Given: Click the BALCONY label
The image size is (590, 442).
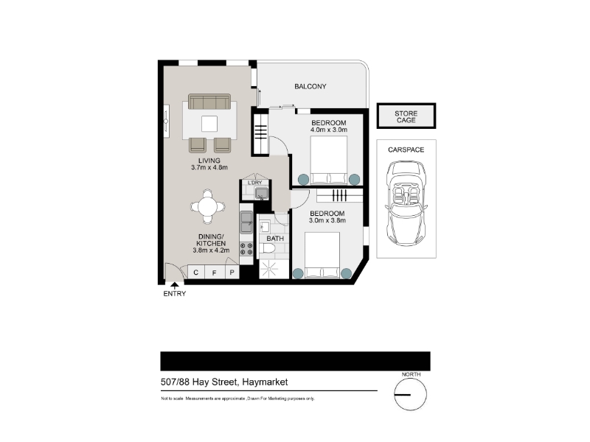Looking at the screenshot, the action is pyautogui.click(x=310, y=86).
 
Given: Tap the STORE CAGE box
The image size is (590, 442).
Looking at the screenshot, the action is pyautogui.click(x=406, y=116).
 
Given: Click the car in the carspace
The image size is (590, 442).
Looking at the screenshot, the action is pyautogui.click(x=406, y=203).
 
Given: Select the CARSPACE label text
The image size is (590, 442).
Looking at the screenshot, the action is pyautogui.click(x=406, y=150).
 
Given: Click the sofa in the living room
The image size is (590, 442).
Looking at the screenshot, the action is pyautogui.click(x=209, y=102).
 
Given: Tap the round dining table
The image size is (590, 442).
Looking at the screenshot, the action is pyautogui.click(x=208, y=206).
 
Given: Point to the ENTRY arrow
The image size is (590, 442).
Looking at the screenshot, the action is pyautogui.click(x=175, y=286).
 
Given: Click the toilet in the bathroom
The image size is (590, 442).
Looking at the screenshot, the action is pyautogui.click(x=268, y=249).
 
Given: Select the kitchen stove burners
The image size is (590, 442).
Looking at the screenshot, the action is pyautogui.click(x=246, y=249).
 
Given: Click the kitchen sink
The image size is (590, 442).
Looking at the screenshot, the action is pyautogui.click(x=246, y=222).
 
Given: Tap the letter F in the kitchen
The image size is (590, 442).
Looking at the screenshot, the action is pyautogui.click(x=214, y=273).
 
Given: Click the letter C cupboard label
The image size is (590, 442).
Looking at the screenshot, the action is pyautogui.click(x=195, y=273).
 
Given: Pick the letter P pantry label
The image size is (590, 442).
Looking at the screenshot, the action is pyautogui.click(x=232, y=273).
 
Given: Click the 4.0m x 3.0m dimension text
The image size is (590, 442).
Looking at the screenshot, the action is pyautogui.click(x=328, y=130).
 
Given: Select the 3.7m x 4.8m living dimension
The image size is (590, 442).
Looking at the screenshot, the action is pyautogui.click(x=209, y=168).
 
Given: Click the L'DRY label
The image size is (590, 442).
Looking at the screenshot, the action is pyautogui.click(x=254, y=183).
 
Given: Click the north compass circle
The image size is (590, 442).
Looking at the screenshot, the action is pyautogui.click(x=411, y=395).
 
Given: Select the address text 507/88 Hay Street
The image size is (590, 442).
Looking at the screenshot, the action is pyautogui.click(x=199, y=382).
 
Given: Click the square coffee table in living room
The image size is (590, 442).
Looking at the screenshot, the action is pyautogui.click(x=209, y=124).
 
